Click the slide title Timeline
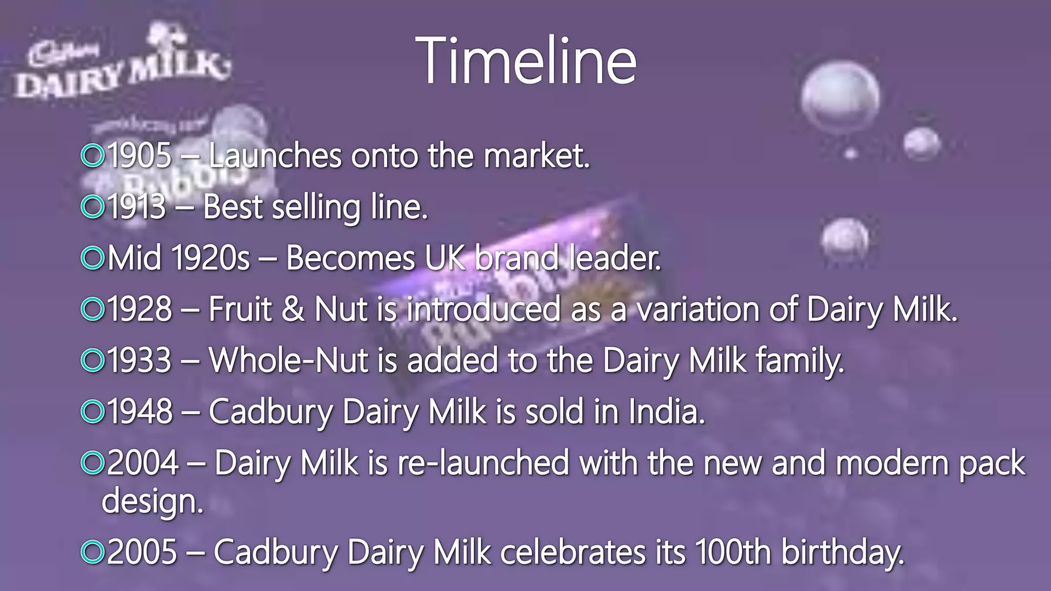[x=526, y=61]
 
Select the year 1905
[x=140, y=155]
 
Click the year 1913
[x=137, y=207]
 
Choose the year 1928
[x=140, y=309]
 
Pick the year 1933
[x=140, y=360]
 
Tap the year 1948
[x=140, y=411]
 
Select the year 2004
[x=143, y=463]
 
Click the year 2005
[x=142, y=552]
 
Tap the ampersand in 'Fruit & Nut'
[x=293, y=309]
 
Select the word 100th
[x=733, y=552]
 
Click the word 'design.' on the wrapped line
[x=153, y=501]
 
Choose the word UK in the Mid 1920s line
[x=444, y=258]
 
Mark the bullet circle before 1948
[x=93, y=411]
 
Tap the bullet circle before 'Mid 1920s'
[x=93, y=258]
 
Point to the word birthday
[x=842, y=553]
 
